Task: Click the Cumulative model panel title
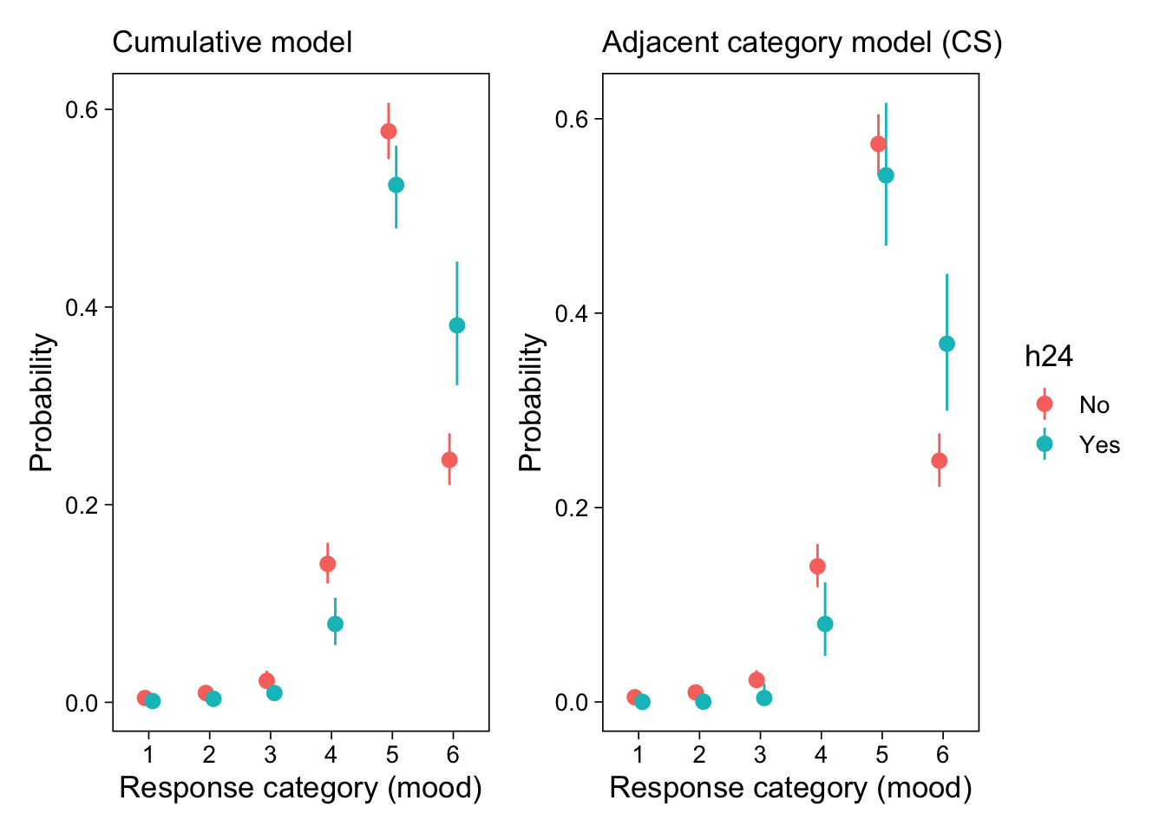(x=233, y=42)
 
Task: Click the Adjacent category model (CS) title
(x=802, y=42)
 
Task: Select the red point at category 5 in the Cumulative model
(x=389, y=131)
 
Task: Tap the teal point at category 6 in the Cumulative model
(x=457, y=325)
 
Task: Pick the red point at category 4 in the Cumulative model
(x=327, y=564)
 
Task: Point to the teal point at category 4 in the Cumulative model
(x=335, y=624)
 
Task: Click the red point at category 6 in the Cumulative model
(x=449, y=460)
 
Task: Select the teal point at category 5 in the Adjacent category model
(x=886, y=175)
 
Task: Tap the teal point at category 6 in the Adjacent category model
(x=947, y=344)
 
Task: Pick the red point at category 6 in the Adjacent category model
(x=939, y=461)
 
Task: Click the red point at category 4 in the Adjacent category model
(x=817, y=567)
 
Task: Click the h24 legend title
(x=1049, y=357)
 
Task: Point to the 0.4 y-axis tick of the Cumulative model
(x=82, y=308)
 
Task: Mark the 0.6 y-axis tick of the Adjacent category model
(x=573, y=119)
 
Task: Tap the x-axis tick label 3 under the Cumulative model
(x=270, y=754)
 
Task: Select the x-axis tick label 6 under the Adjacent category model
(x=942, y=754)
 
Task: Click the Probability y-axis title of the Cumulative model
(x=41, y=403)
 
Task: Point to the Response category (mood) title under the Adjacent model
(x=790, y=788)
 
